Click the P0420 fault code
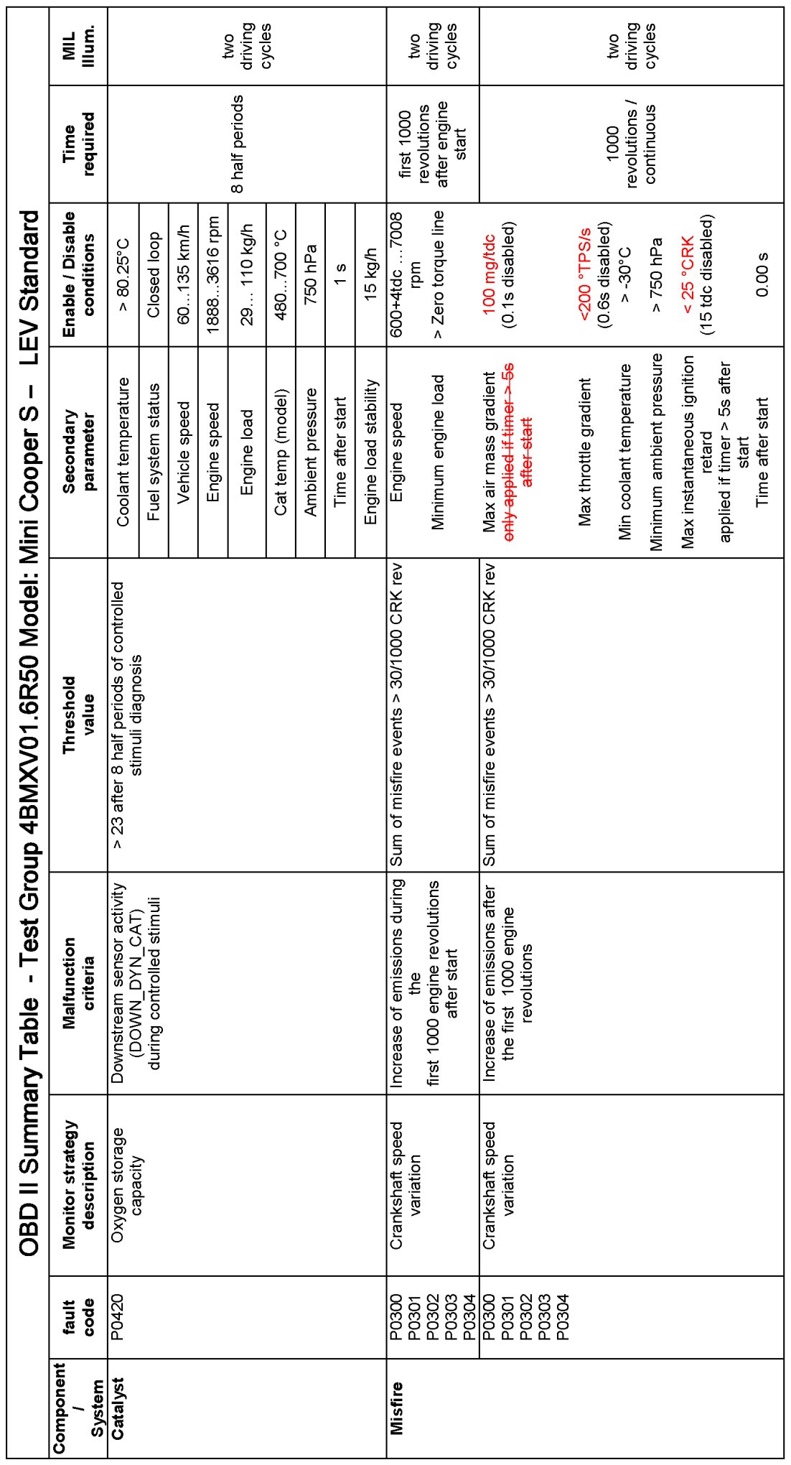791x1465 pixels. click(x=118, y=1317)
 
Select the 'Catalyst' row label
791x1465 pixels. click(x=118, y=1408)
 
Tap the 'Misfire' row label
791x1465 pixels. click(x=396, y=1408)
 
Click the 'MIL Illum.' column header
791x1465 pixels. click(x=79, y=47)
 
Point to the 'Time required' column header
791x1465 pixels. click(x=79, y=144)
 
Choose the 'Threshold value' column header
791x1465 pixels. click(x=79, y=715)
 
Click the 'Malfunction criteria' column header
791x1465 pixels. click(x=79, y=983)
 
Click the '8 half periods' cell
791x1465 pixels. click(x=237, y=144)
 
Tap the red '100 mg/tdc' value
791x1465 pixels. click(x=490, y=275)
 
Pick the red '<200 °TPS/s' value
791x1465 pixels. click(x=584, y=275)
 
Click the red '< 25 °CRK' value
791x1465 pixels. click(x=687, y=275)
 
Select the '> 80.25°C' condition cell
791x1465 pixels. click(x=123, y=275)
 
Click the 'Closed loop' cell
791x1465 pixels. click(x=154, y=275)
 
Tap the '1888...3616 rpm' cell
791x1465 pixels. click(x=213, y=275)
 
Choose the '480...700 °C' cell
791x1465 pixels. click(x=281, y=275)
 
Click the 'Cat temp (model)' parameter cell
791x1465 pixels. click(x=281, y=452)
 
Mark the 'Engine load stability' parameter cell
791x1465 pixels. click(x=370, y=452)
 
